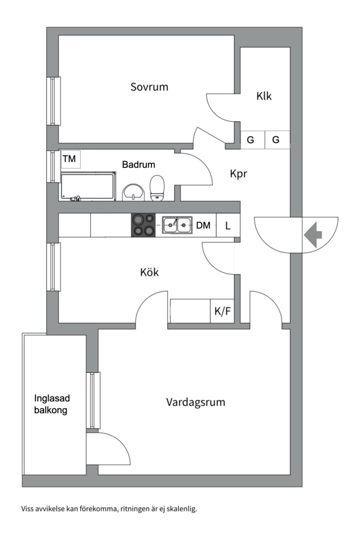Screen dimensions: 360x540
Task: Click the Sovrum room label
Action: coord(149,87)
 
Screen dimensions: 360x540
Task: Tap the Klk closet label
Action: coord(264,95)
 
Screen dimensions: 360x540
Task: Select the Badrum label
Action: coord(138,164)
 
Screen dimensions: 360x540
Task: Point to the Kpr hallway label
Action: coord(238,173)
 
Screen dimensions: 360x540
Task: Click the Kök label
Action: coord(149,272)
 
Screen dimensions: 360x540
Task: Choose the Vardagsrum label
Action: coord(195,402)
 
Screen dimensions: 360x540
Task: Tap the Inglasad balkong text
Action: coord(51,404)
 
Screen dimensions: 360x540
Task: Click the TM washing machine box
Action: coord(70,159)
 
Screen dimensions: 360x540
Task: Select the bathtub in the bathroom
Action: coord(88,186)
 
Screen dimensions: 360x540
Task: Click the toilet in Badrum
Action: coord(157,187)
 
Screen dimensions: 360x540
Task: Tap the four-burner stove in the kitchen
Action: coord(143,225)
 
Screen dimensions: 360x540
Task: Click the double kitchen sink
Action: coord(177,225)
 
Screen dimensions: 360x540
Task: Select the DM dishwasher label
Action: coord(203,225)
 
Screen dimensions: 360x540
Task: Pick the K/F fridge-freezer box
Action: coord(222,311)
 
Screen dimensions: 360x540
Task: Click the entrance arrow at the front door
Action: coord(313,235)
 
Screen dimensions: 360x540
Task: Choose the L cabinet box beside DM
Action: coord(228,225)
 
